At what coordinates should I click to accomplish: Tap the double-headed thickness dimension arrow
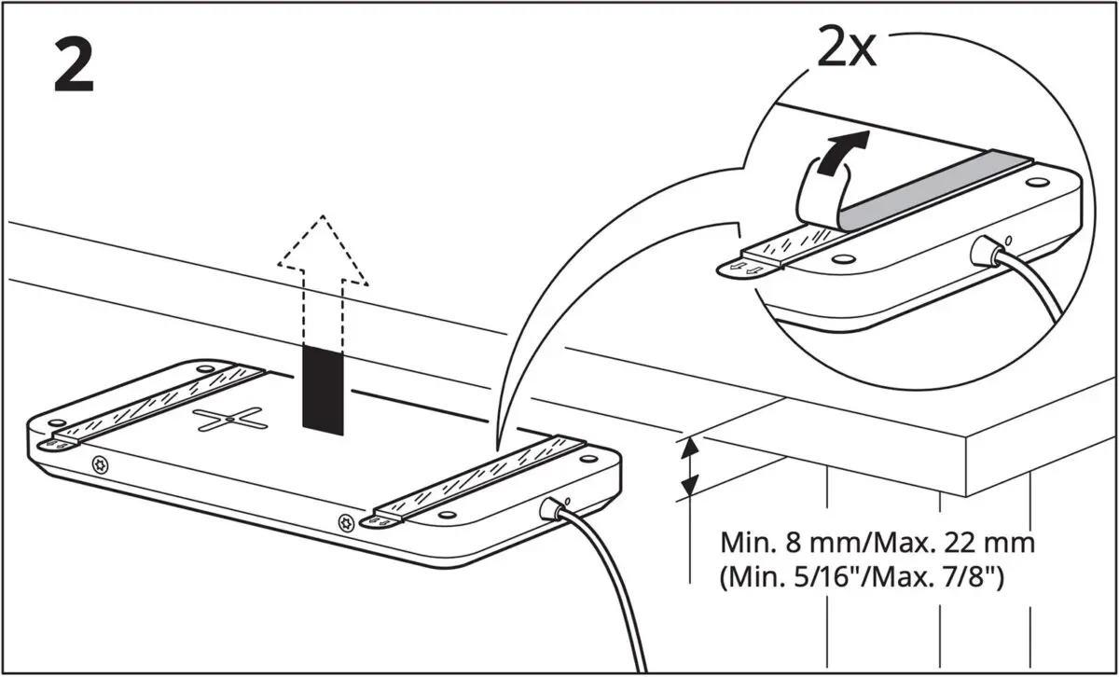point(688,467)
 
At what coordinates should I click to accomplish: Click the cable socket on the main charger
point(550,508)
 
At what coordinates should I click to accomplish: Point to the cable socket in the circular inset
point(984,250)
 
